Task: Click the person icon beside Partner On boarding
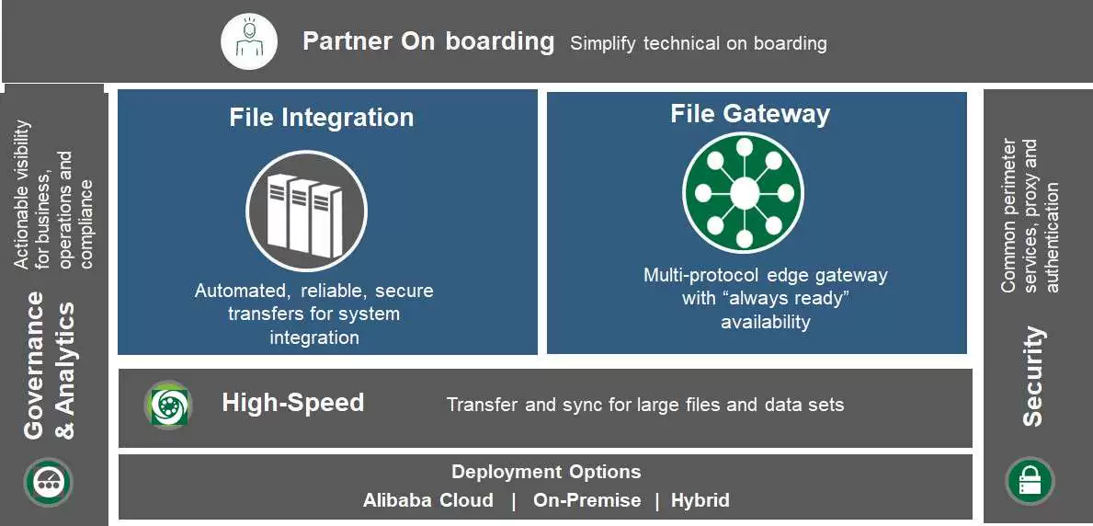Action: click(x=249, y=41)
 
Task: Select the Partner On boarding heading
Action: click(x=428, y=41)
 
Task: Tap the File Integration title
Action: click(x=321, y=118)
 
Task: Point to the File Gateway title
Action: click(x=749, y=114)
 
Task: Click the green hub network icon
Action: click(x=744, y=193)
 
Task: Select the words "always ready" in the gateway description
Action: click(x=766, y=298)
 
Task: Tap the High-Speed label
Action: click(x=292, y=403)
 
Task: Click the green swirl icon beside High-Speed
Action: click(x=168, y=406)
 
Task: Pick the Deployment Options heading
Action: click(x=546, y=472)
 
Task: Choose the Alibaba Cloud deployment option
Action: click(x=427, y=500)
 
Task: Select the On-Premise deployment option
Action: click(x=586, y=500)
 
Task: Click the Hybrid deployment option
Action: click(x=700, y=500)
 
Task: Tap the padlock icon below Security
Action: click(x=1030, y=480)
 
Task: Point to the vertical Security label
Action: click(x=1033, y=376)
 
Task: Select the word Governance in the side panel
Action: click(x=35, y=366)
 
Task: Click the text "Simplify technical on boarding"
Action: click(x=698, y=43)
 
